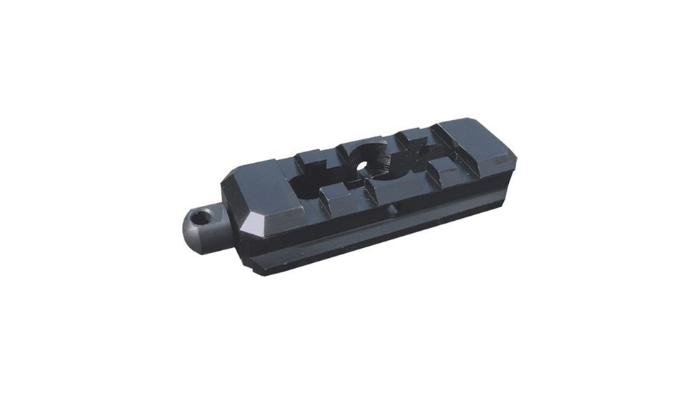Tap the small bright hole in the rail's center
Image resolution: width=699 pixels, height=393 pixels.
362,169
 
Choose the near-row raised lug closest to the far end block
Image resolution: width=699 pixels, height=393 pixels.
444,170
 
